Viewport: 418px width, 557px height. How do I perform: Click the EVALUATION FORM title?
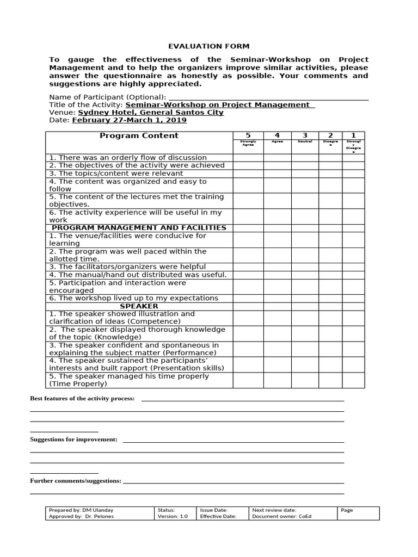(x=208, y=47)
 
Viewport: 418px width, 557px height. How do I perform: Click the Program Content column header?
(x=139, y=135)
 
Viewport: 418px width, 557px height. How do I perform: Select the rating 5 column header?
(x=248, y=135)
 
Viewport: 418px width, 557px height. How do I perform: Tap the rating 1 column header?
(x=353, y=135)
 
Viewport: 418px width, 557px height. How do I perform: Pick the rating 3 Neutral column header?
(x=305, y=135)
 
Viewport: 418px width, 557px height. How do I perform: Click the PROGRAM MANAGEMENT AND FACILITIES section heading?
(x=139, y=228)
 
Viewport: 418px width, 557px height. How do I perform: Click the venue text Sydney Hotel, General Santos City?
(x=151, y=113)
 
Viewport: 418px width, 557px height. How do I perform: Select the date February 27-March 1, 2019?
(x=129, y=120)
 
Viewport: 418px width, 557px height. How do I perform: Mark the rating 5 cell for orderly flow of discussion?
(x=248, y=158)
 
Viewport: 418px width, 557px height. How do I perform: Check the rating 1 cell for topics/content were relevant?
(x=353, y=174)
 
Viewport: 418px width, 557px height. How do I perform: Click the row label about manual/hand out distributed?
(x=138, y=275)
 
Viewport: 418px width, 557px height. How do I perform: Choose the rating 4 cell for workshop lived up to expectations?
(x=277, y=298)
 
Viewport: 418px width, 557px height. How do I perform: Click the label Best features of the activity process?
(x=82, y=399)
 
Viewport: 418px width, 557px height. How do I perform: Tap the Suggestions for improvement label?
(x=73, y=440)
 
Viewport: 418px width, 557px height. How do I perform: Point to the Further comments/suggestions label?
(x=76, y=481)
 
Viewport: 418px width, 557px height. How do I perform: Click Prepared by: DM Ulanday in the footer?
(x=81, y=510)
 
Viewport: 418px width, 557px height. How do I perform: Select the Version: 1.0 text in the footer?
(x=173, y=517)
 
